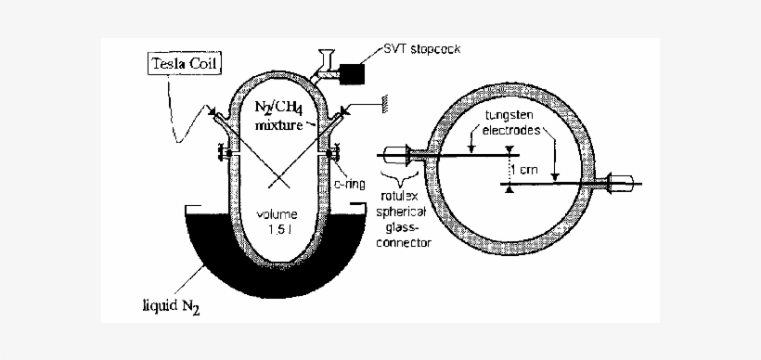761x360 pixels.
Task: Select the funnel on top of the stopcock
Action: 326,56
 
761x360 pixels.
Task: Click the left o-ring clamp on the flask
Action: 223,153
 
